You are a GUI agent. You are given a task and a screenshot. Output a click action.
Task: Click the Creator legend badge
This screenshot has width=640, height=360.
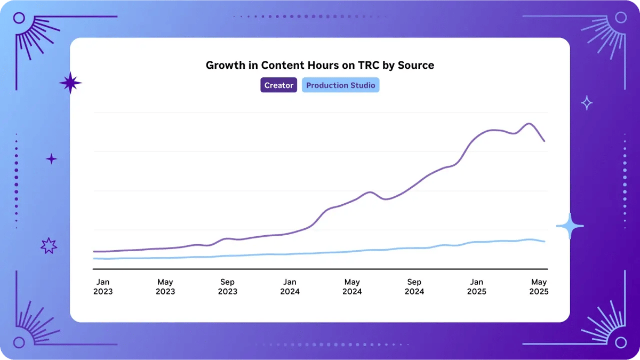tap(278, 85)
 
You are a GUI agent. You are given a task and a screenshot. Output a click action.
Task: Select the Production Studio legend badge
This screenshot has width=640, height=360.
tap(340, 85)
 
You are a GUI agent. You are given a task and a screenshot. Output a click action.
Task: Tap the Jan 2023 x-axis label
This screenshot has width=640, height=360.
tap(103, 286)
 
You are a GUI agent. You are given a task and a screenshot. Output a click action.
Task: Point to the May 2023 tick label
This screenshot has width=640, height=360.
tap(165, 286)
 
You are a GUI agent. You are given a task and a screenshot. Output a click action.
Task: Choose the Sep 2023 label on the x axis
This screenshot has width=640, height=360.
tap(228, 286)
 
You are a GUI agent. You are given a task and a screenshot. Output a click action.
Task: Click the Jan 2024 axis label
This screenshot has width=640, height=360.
tap(290, 286)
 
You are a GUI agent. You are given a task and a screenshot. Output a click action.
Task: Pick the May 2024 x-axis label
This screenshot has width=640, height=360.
tap(352, 286)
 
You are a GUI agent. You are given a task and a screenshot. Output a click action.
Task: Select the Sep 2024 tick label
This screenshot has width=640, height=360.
tap(414, 286)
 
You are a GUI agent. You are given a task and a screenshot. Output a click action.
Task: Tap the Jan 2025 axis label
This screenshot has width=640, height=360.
tap(476, 286)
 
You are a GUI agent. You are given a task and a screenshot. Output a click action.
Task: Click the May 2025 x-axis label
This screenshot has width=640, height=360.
tap(539, 286)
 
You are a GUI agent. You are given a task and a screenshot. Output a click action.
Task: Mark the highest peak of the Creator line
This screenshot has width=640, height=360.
tap(529, 124)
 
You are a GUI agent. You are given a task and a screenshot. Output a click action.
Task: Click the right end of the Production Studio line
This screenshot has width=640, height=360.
tap(544, 242)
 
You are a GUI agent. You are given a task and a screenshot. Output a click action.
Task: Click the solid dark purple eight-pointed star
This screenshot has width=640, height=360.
tap(70, 83)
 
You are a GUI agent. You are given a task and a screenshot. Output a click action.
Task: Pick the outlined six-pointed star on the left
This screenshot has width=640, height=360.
tap(49, 245)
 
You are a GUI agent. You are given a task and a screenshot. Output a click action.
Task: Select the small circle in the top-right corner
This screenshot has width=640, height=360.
tap(621, 18)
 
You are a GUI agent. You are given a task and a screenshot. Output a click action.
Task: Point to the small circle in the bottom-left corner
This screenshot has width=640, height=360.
tap(19, 342)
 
